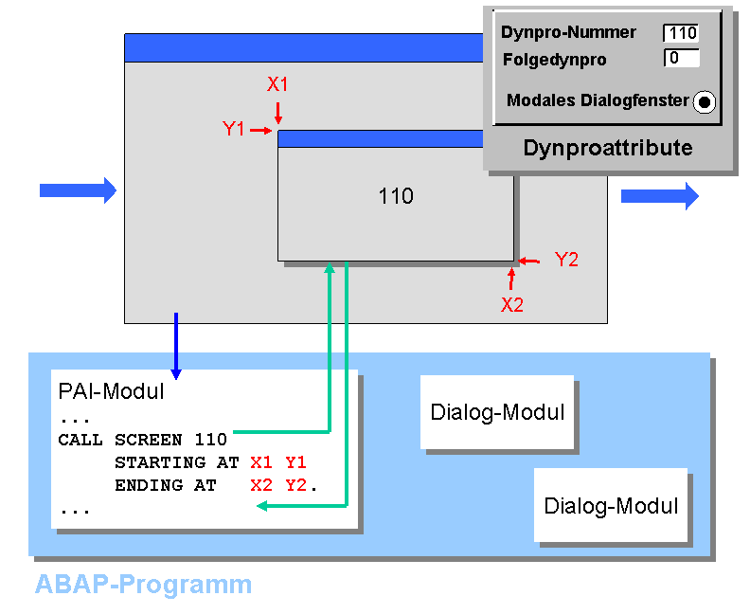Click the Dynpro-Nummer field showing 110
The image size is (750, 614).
tap(681, 33)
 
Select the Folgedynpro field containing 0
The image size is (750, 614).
tap(682, 58)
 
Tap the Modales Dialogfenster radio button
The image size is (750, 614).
tap(705, 101)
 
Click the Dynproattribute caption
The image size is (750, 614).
tap(607, 148)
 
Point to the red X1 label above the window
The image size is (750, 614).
tap(277, 84)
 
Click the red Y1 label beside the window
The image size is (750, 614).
tap(233, 129)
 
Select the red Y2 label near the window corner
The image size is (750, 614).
tap(567, 260)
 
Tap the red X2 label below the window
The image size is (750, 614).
tap(512, 304)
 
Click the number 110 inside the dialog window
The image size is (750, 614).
tap(396, 196)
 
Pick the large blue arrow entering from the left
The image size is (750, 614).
tap(78, 190)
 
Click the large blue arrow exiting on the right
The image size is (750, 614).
tap(660, 196)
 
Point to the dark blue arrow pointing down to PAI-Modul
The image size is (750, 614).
tap(176, 346)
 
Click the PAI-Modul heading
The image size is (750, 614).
tap(111, 391)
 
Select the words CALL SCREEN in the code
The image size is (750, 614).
tap(120, 440)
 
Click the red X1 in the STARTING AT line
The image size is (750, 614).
tap(261, 462)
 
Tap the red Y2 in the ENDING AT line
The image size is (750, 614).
tap(296, 485)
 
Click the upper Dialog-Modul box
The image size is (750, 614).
tap(497, 412)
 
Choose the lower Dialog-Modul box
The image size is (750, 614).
tap(611, 505)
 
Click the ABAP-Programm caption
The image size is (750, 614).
tap(144, 585)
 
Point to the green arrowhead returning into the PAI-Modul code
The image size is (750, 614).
tap(262, 506)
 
